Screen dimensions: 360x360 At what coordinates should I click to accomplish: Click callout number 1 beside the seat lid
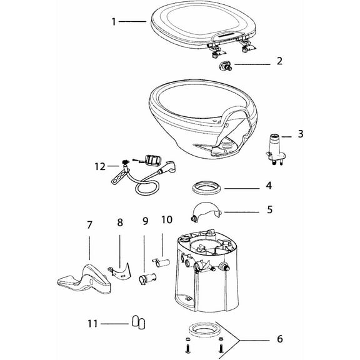pyautogui.click(x=113, y=22)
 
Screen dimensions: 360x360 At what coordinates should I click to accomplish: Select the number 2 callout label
pyautogui.click(x=279, y=61)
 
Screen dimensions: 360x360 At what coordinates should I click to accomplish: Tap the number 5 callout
pyautogui.click(x=270, y=210)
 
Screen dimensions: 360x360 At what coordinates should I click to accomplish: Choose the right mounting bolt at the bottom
pyautogui.click(x=219, y=344)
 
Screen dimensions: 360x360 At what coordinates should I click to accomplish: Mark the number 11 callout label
pyautogui.click(x=92, y=323)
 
